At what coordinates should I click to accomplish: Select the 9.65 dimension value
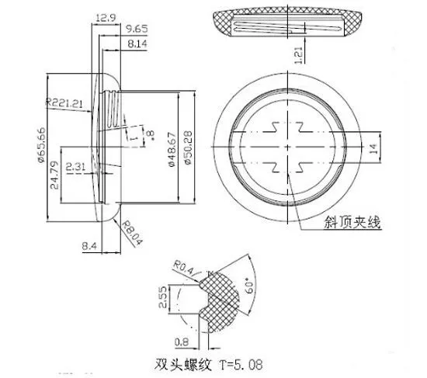coord(136,29)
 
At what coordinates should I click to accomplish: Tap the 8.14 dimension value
coord(136,46)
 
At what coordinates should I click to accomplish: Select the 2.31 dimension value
coord(77,166)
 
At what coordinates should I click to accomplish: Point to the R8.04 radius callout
coord(133,231)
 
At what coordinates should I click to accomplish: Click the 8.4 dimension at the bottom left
coord(88,248)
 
